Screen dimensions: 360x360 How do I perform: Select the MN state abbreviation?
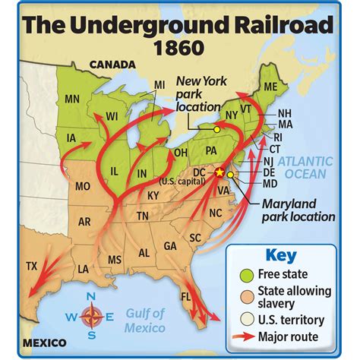[72, 98]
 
